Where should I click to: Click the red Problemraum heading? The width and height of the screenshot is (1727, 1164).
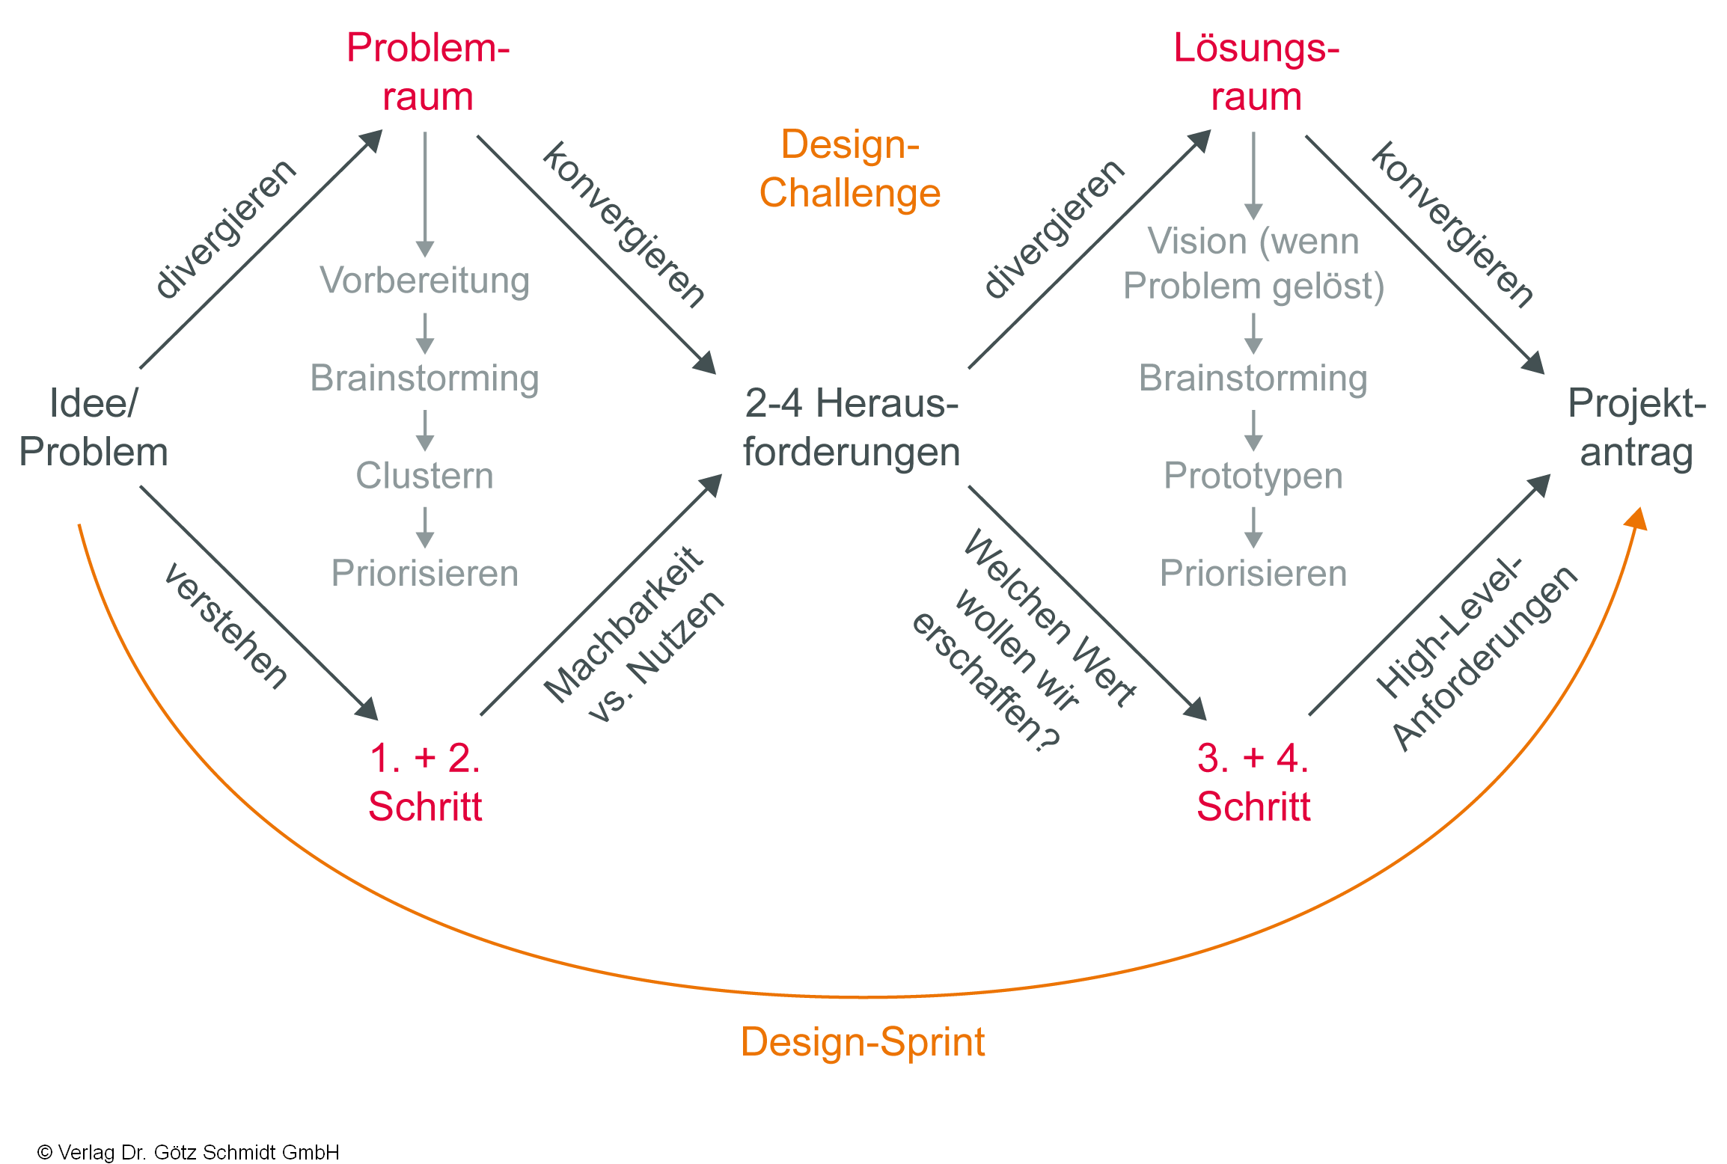click(x=427, y=72)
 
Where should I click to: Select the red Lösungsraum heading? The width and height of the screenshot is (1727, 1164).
click(x=1256, y=72)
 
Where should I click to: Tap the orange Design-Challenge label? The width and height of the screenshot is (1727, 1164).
click(x=849, y=168)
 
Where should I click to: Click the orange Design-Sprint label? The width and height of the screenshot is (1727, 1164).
click(x=862, y=1041)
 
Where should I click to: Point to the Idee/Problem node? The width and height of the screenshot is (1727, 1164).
click(x=93, y=428)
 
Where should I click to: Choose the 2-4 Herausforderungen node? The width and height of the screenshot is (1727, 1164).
click(x=851, y=428)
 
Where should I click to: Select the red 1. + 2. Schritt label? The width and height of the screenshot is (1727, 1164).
click(x=425, y=782)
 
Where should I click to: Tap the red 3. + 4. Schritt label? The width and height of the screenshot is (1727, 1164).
click(x=1253, y=782)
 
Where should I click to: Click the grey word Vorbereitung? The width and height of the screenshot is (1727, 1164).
click(x=424, y=281)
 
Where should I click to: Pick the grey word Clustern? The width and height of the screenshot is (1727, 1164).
click(x=424, y=476)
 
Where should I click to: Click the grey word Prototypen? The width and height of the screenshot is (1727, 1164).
click(x=1253, y=476)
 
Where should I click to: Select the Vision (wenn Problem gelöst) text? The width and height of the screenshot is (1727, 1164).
click(x=1253, y=263)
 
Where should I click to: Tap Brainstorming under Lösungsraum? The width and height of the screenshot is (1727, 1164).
click(x=1253, y=378)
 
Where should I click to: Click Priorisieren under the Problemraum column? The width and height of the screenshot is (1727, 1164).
click(x=424, y=574)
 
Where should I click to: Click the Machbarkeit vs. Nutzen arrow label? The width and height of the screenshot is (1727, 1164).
click(x=633, y=636)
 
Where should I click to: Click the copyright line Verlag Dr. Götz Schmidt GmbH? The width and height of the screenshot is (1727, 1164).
click(x=189, y=1152)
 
